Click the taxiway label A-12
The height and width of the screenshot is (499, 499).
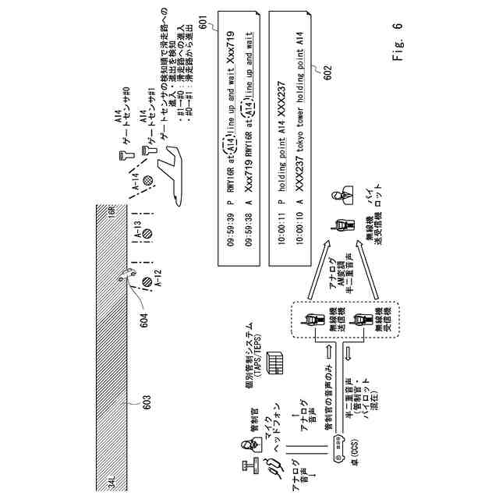pyautogui.click(x=157, y=278)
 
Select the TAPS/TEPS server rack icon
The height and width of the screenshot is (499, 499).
pyautogui.click(x=274, y=363)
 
